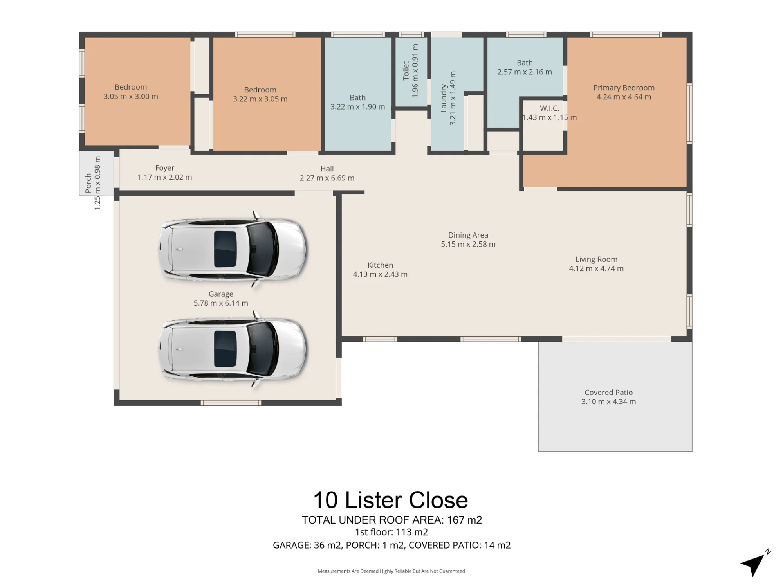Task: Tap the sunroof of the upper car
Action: click(x=225, y=249)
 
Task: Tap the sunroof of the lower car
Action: click(x=225, y=349)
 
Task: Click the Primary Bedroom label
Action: click(x=624, y=88)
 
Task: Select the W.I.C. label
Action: click(x=549, y=108)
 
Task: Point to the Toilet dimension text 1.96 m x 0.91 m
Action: click(x=415, y=71)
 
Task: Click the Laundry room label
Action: click(x=444, y=98)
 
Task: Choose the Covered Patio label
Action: click(x=608, y=392)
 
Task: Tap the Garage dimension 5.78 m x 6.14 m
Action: click(x=221, y=303)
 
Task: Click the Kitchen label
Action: click(x=380, y=265)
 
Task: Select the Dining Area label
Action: click(x=468, y=235)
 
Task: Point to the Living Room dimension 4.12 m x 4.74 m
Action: click(x=596, y=268)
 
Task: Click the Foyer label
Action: click(x=164, y=168)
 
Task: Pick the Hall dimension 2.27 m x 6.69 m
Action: click(x=327, y=178)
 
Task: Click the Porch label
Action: click(x=88, y=183)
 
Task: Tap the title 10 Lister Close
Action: click(x=391, y=500)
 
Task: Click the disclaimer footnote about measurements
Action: click(x=391, y=571)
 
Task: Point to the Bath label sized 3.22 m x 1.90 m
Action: click(x=357, y=97)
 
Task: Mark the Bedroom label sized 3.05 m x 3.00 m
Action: click(x=131, y=87)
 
